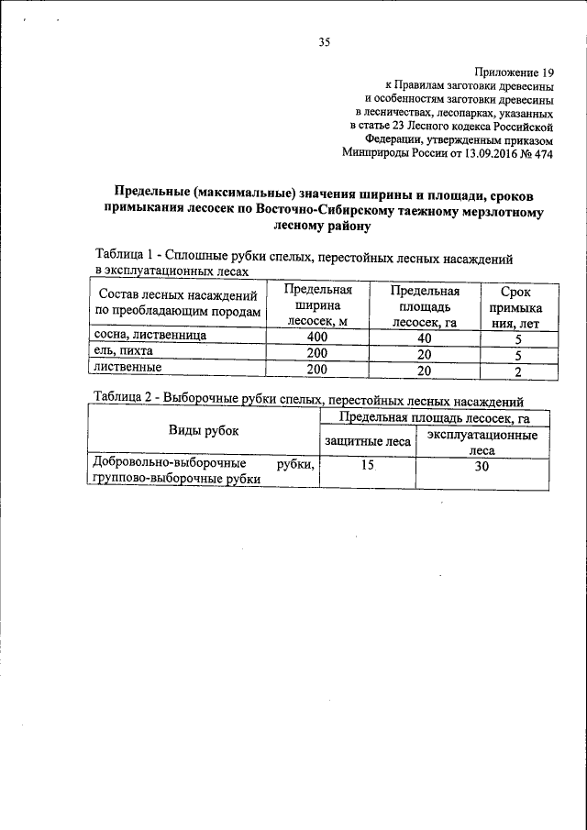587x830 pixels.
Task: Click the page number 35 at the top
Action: coord(324,40)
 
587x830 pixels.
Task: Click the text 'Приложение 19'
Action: coord(515,72)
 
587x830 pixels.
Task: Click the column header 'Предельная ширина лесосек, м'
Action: coord(313,306)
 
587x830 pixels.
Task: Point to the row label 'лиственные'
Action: coord(127,369)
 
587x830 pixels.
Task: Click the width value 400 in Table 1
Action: coord(316,338)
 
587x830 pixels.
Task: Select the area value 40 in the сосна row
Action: coord(424,338)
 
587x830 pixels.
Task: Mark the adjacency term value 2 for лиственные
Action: coord(518,371)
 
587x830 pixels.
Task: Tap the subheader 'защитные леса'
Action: coord(367,442)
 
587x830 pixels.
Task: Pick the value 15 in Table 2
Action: coord(367,466)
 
